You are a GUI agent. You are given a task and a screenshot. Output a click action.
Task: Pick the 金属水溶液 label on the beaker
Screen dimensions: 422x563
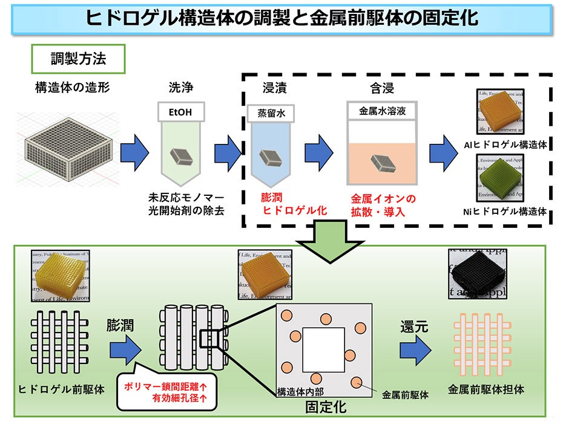pos(380,111)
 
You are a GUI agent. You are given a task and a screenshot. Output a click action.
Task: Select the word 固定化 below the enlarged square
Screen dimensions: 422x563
pos(326,406)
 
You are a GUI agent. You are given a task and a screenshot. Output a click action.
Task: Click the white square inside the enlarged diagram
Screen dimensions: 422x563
pos(323,350)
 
